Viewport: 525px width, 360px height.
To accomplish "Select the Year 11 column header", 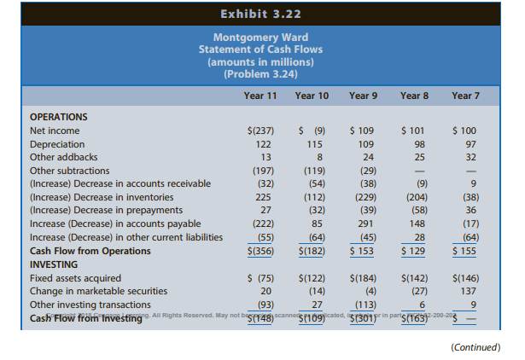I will tap(260, 96).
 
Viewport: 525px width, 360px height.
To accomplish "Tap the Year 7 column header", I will tap(465, 96).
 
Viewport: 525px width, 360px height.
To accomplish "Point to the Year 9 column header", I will tap(364, 96).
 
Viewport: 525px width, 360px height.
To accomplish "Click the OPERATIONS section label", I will tap(59, 117).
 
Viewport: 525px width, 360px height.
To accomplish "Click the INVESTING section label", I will tap(54, 264).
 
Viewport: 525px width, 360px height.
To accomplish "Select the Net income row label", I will tap(55, 131).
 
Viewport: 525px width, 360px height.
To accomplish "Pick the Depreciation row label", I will tap(57, 144).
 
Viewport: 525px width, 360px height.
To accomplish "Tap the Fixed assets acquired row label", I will tap(75, 278).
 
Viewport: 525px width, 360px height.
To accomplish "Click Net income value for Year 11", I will tap(260, 131).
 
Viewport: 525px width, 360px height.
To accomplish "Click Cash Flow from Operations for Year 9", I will tap(365, 251).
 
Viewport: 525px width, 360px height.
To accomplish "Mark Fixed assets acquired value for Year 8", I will tap(417, 278).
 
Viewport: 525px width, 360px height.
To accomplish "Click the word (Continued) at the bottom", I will tap(469, 346).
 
